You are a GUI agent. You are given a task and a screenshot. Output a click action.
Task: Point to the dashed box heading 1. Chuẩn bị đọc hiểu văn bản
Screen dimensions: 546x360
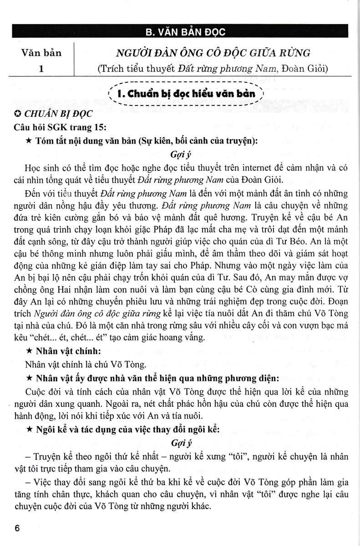point(186,95)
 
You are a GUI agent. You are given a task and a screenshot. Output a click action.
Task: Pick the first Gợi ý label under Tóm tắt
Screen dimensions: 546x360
point(183,154)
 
